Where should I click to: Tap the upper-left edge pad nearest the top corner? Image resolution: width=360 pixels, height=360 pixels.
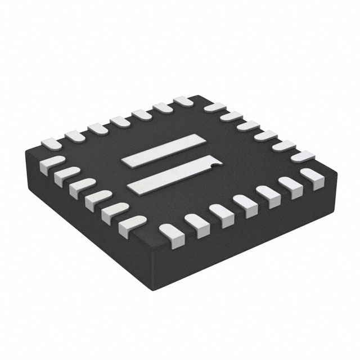point(182,101)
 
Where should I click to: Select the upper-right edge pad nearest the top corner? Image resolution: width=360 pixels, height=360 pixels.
point(212,107)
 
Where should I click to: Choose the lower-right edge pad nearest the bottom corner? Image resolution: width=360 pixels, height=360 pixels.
point(168,231)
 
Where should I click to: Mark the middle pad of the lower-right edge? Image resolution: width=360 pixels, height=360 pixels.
point(243,202)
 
